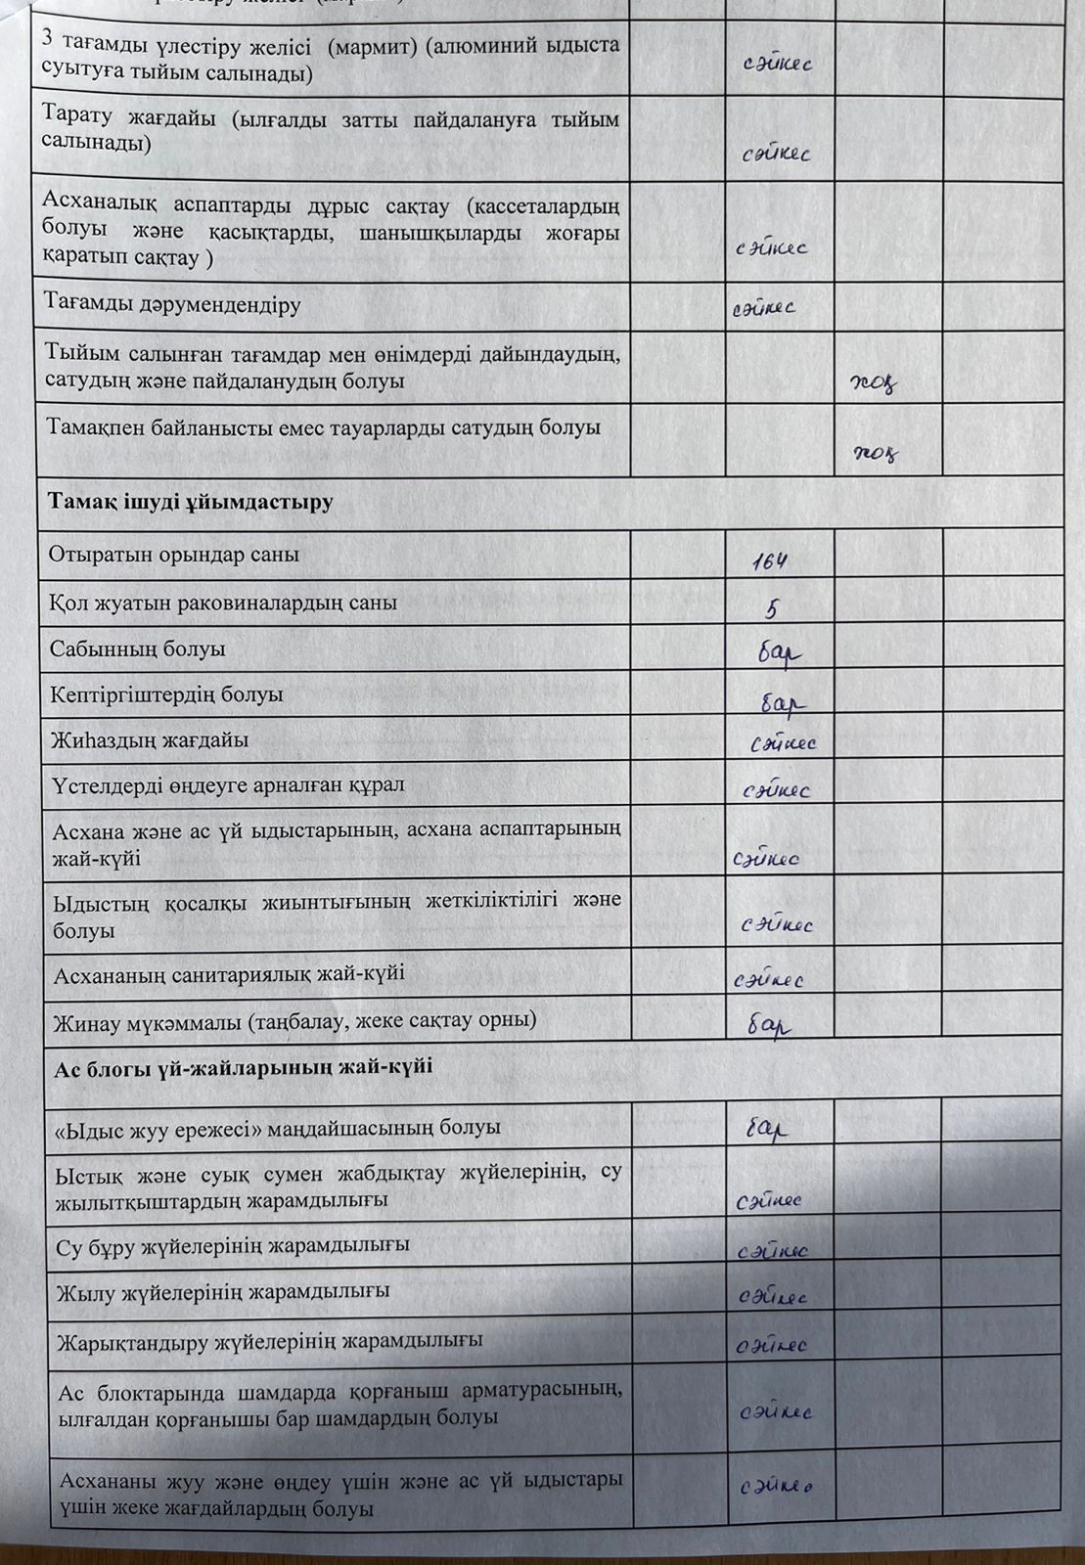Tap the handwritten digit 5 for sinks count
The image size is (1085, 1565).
[x=772, y=609]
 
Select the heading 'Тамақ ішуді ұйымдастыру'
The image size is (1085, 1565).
[x=191, y=502]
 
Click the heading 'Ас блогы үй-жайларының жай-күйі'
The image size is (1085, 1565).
[x=244, y=1067]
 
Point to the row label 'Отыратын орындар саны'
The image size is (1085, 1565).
[x=174, y=555]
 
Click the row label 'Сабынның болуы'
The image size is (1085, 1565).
[x=138, y=648]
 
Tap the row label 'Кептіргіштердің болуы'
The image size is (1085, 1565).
[x=166, y=694]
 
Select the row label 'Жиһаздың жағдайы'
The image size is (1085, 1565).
[x=150, y=740]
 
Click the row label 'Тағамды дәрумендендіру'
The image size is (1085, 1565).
[x=172, y=303]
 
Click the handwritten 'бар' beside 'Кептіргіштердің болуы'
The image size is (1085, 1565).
[x=783, y=701]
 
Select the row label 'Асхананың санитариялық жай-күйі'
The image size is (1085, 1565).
[x=229, y=974]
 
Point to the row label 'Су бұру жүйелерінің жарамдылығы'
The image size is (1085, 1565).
[x=233, y=1245]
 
